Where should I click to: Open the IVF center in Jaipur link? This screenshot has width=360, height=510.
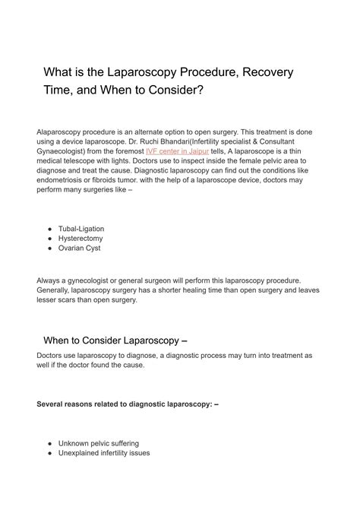tap(177, 151)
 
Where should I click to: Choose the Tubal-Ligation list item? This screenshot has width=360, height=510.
tap(81, 229)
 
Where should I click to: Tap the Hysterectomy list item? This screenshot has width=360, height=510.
tap(81, 239)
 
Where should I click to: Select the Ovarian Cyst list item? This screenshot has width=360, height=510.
tap(79, 249)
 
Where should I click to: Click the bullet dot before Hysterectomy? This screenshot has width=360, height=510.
tap(49, 239)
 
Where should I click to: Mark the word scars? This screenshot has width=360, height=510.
tap(74, 300)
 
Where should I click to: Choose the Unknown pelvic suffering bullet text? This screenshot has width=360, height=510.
tap(99, 443)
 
